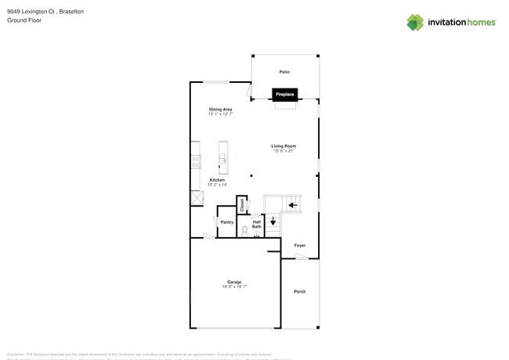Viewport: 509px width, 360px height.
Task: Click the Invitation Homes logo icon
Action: (x=415, y=23)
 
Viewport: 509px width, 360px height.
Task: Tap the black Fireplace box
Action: (x=284, y=95)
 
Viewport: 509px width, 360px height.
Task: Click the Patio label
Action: (x=284, y=72)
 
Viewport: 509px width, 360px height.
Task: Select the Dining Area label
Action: (x=220, y=110)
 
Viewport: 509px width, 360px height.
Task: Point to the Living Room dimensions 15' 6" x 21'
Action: (x=283, y=151)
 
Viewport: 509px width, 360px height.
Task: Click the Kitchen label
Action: (x=217, y=180)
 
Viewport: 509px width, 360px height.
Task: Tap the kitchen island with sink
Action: (x=223, y=157)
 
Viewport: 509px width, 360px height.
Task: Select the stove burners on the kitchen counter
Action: (x=196, y=162)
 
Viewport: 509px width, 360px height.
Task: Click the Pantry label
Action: (x=226, y=222)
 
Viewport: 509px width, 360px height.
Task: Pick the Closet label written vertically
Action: (x=242, y=205)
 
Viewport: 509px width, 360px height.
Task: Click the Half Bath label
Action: (x=257, y=224)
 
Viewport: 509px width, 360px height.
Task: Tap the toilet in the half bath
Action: (x=245, y=230)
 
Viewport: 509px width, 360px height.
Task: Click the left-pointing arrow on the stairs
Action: (x=293, y=205)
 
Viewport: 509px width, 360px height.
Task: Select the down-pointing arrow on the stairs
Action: (x=273, y=222)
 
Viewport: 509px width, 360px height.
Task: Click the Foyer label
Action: (x=300, y=246)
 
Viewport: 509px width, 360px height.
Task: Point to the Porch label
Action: (x=299, y=292)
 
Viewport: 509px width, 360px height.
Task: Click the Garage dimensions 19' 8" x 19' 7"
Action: (x=234, y=287)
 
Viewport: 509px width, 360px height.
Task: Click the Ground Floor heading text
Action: (x=24, y=20)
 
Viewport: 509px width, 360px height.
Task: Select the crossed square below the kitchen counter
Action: (x=197, y=198)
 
